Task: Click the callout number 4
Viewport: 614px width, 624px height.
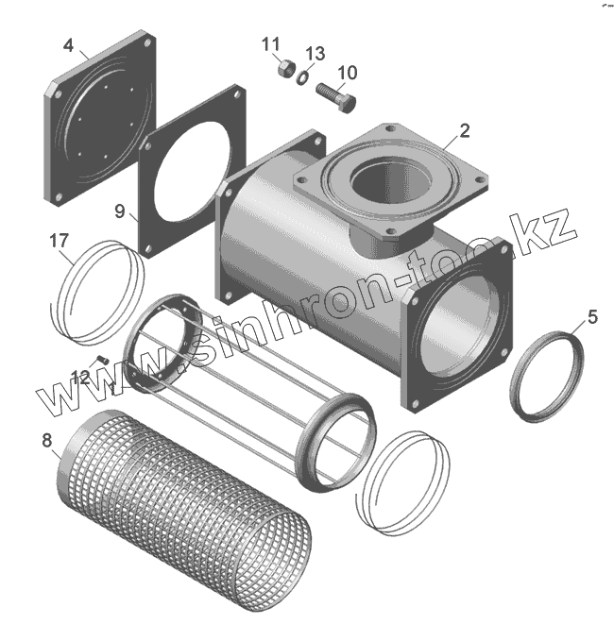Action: pyautogui.click(x=68, y=45)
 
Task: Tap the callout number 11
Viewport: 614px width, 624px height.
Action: pyautogui.click(x=271, y=43)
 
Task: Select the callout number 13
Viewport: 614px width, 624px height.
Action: pyautogui.click(x=316, y=52)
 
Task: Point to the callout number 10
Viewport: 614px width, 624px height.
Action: pyautogui.click(x=347, y=72)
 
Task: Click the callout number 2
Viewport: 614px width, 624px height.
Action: pyautogui.click(x=465, y=130)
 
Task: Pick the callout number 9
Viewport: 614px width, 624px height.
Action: pyautogui.click(x=120, y=211)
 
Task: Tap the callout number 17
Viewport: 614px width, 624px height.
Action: pyautogui.click(x=59, y=241)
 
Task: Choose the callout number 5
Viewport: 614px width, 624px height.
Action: pyautogui.click(x=592, y=317)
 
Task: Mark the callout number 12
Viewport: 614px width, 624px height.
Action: pyautogui.click(x=80, y=377)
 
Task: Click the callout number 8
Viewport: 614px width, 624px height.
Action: pyautogui.click(x=46, y=439)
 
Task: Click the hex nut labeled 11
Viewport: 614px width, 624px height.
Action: pyautogui.click(x=282, y=69)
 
